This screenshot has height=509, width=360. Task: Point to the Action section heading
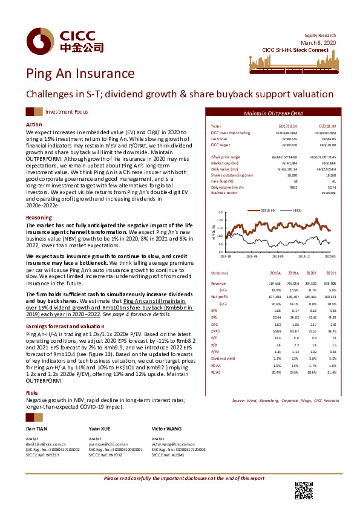pyautogui.click(x=33, y=124)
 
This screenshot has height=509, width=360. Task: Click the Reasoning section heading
pyautogui.click(x=39, y=217)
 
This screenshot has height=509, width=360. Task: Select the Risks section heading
pyautogui.click(x=32, y=392)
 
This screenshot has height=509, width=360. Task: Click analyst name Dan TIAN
pyautogui.click(x=38, y=427)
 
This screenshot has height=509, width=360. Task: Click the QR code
pyautogui.click(x=303, y=490)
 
